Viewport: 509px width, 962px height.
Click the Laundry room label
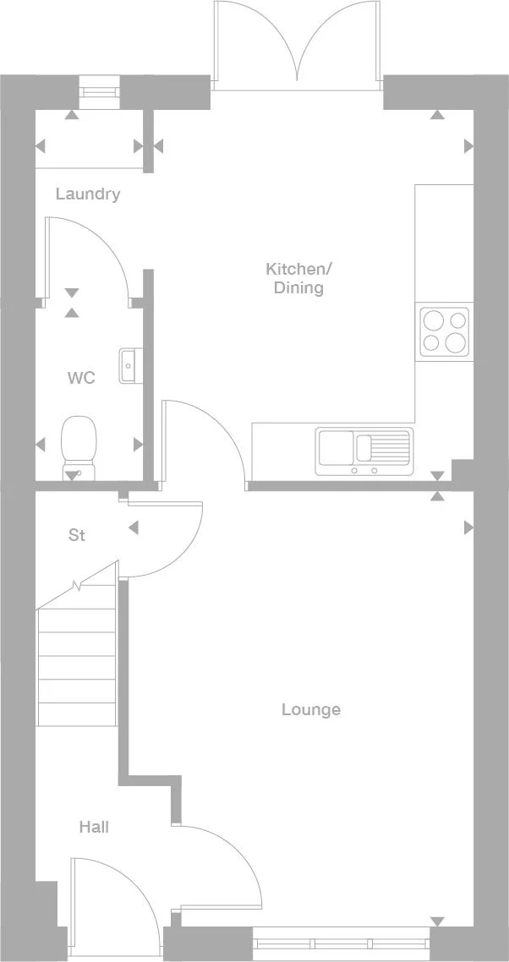(x=88, y=194)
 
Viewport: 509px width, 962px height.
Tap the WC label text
(x=81, y=378)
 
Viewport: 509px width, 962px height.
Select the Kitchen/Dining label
(x=298, y=278)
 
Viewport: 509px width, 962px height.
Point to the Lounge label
(x=311, y=709)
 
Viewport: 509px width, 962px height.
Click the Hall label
(x=94, y=827)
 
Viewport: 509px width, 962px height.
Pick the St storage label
(x=77, y=535)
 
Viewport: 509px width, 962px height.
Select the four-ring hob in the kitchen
(x=445, y=331)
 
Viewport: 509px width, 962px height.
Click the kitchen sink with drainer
(x=364, y=451)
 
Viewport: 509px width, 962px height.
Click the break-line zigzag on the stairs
(x=78, y=585)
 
